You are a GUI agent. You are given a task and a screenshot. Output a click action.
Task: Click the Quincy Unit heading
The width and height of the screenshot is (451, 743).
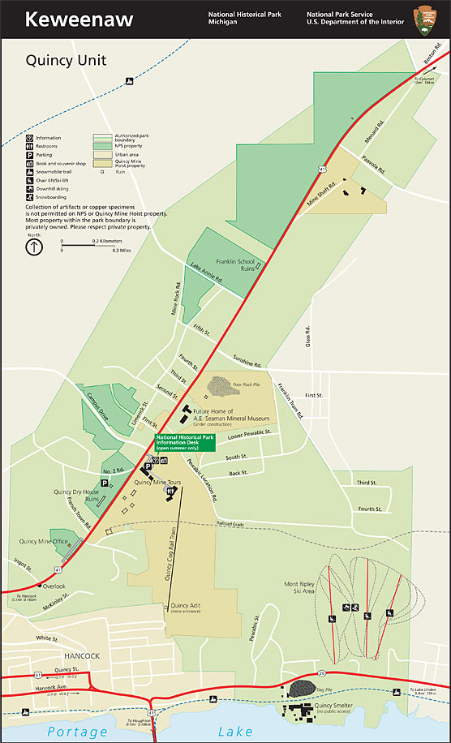[66, 60]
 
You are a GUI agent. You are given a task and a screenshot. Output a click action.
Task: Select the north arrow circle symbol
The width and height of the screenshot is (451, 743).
[33, 247]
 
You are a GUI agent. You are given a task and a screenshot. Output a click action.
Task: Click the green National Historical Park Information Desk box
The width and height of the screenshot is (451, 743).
[185, 442]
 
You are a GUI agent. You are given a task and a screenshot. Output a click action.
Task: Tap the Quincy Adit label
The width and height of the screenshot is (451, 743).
[186, 605]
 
